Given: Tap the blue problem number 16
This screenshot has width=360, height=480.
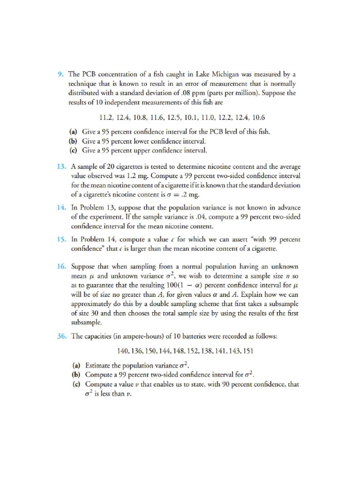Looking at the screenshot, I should pyautogui.click(x=62, y=266).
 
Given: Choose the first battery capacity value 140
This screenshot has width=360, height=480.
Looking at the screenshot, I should pyautogui.click(x=123, y=351).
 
